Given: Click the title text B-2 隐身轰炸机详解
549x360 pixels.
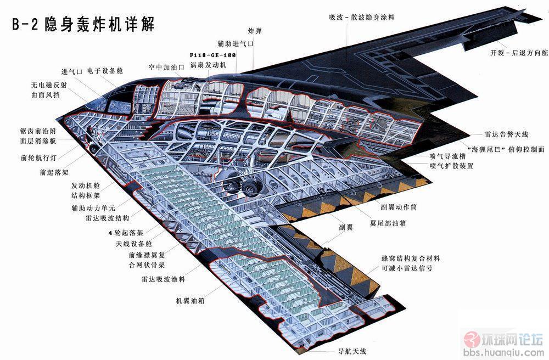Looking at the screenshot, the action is (83, 25).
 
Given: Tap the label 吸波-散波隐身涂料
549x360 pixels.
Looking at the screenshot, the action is (362, 17).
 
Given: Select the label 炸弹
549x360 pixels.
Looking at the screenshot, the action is (255, 31).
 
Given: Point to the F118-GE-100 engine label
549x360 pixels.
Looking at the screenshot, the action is (213, 55).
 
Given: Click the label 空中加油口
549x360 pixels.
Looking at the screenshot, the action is (166, 67).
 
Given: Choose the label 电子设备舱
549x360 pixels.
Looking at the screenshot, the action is (105, 71).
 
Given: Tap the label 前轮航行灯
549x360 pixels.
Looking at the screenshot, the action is (38, 157).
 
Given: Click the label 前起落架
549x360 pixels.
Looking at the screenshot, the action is (54, 172).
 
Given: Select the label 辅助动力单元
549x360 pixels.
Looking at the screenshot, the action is (93, 208).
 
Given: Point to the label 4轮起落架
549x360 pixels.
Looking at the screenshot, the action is (126, 233).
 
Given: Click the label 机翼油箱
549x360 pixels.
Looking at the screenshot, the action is (190, 301).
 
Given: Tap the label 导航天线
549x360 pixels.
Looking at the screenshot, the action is (352, 351).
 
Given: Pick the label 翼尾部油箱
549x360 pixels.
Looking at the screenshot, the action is (388, 223).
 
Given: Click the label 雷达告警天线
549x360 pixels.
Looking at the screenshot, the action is (506, 134).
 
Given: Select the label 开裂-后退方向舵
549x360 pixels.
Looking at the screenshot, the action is (519, 53).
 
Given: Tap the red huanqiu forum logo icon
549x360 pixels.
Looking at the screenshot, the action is (471, 339).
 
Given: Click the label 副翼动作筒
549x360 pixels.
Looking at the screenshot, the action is (399, 207).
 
